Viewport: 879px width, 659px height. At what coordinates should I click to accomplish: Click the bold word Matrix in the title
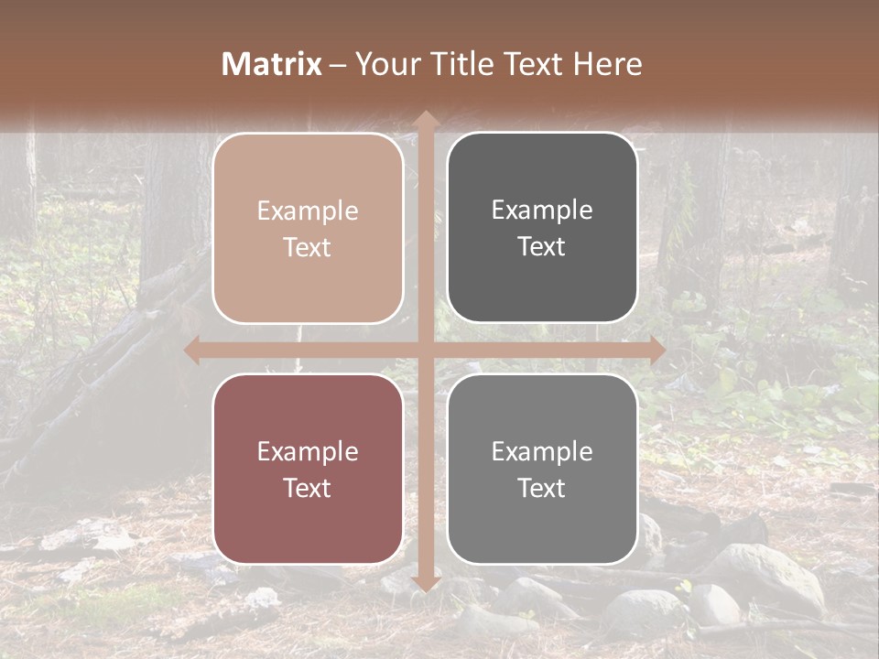coord(272,64)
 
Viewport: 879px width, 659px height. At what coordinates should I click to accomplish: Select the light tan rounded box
coord(308,228)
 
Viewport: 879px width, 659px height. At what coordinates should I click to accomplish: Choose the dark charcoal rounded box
coord(542,227)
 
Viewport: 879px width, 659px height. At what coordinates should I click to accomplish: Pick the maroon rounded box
coord(308,469)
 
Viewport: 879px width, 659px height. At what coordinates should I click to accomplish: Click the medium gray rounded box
coord(542,469)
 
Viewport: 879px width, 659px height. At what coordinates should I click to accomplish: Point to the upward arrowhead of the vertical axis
coord(425,119)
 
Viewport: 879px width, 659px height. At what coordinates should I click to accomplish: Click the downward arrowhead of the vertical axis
coord(425,581)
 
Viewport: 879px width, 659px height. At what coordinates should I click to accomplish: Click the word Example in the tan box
coord(308,211)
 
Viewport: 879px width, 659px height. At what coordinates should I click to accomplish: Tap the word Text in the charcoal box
coord(542,246)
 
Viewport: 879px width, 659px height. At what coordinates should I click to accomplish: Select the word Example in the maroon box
coord(308,451)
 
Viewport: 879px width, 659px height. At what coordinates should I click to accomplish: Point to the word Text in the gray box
coord(542,488)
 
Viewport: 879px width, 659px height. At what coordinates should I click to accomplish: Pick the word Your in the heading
coord(384,64)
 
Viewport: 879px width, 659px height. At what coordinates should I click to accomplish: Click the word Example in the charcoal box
coord(542,210)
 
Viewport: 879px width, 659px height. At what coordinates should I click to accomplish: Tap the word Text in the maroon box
coord(308,488)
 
